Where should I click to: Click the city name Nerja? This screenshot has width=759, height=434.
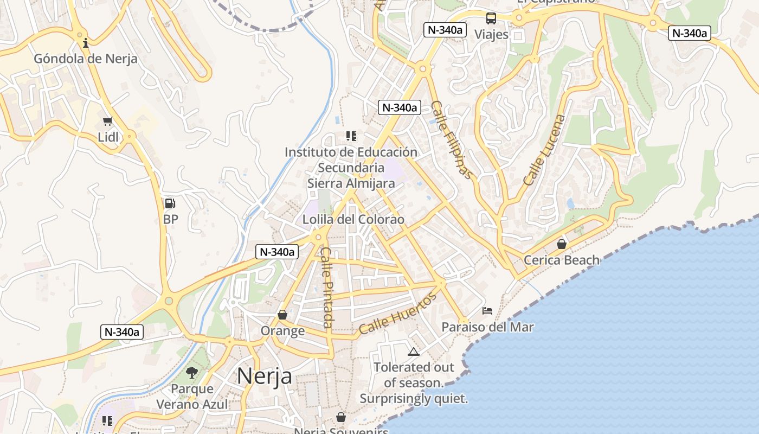click(264, 376)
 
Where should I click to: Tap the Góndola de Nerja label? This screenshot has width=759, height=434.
click(86, 59)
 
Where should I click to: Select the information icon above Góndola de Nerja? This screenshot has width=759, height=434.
click(85, 43)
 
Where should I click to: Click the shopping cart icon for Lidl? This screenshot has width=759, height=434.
click(107, 121)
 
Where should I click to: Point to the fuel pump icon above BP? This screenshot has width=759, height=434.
click(170, 203)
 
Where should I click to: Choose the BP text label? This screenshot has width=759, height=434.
click(170, 220)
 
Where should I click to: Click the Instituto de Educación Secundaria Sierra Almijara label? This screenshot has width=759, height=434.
click(351, 168)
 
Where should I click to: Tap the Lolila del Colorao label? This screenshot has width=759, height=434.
click(353, 220)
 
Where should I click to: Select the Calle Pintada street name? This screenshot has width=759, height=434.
click(326, 288)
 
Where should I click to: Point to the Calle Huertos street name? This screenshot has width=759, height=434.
click(397, 314)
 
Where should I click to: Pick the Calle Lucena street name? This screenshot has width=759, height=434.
click(544, 150)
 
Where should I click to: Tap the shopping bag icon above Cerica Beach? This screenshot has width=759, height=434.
click(562, 244)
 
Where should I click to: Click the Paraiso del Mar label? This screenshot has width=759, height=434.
click(487, 327)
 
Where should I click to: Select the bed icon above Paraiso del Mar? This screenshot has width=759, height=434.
click(487, 311)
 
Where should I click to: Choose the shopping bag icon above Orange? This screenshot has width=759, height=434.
click(282, 315)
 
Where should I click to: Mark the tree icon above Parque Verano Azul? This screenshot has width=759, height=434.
click(191, 372)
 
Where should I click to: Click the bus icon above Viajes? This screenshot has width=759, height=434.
click(491, 18)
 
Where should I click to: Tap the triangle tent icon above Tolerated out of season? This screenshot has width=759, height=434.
click(414, 352)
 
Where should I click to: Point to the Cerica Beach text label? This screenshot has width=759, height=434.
click(562, 260)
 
